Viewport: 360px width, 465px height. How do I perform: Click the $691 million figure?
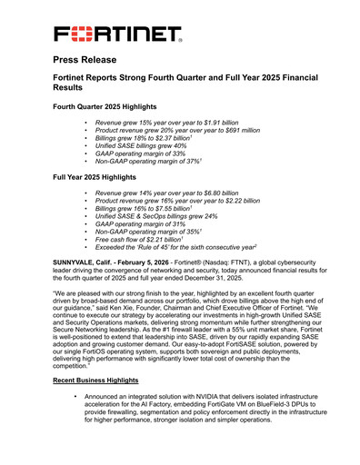235,130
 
